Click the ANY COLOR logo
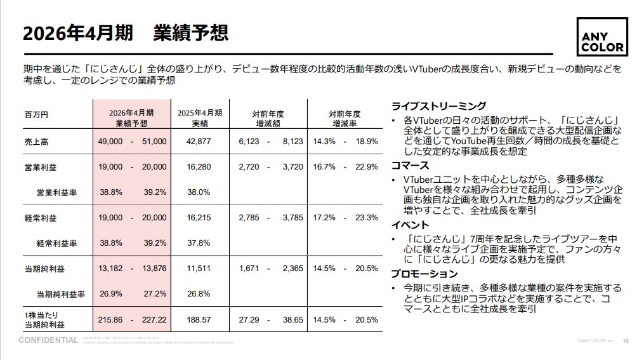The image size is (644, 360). click(x=602, y=37)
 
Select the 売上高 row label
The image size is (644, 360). click(x=36, y=142)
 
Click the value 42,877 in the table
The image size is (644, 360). click(x=199, y=142)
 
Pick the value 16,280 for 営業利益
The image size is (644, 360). click(x=199, y=167)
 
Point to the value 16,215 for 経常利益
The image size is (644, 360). click(x=199, y=218)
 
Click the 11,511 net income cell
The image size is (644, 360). click(x=199, y=269)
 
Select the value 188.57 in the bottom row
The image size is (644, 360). click(x=199, y=319)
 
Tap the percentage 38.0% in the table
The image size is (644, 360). click(x=199, y=192)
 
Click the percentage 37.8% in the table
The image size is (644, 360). click(x=199, y=243)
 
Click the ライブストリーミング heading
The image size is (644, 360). click(x=439, y=106)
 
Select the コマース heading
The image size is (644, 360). click(x=411, y=166)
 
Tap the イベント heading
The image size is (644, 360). click(x=411, y=225)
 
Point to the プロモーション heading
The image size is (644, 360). click(x=424, y=274)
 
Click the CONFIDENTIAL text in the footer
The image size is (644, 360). click(x=49, y=340)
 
